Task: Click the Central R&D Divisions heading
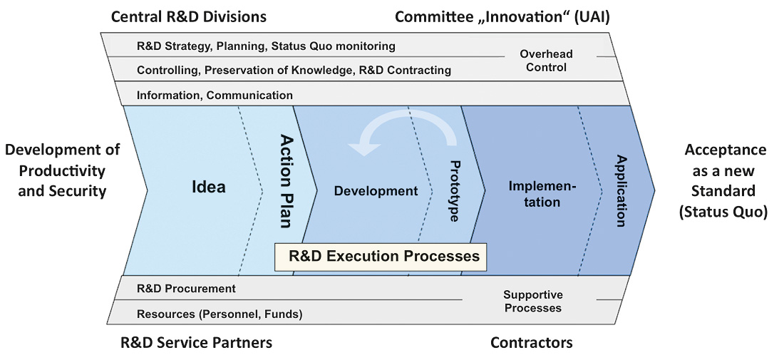point(188,17)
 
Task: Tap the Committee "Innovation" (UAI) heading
point(502,17)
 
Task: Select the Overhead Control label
point(546,60)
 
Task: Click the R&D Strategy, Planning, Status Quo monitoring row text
point(266,46)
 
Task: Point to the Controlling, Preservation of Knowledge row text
point(294,71)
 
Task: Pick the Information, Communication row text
point(215,95)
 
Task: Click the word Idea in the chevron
point(209,187)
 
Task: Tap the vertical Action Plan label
point(286,180)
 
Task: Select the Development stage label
point(376,190)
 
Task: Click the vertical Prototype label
point(455,191)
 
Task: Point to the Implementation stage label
point(542,194)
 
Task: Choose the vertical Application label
point(621,191)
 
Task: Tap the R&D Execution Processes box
point(381,257)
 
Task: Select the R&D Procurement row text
point(186,289)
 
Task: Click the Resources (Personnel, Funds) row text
point(220,314)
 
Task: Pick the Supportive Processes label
point(533,302)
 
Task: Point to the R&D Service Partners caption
point(197,342)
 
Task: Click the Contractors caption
point(532,342)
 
